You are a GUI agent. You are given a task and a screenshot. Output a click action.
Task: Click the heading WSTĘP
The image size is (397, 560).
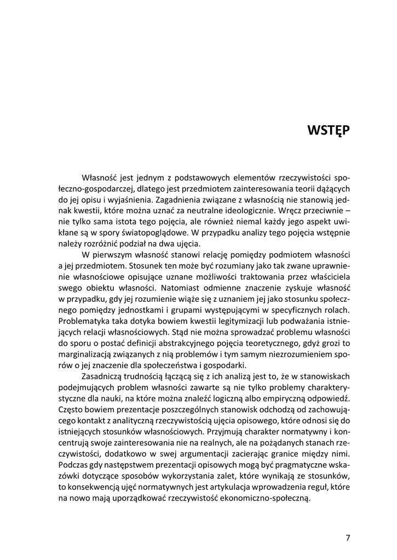(329, 131)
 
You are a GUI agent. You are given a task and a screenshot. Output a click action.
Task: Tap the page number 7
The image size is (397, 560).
(348, 537)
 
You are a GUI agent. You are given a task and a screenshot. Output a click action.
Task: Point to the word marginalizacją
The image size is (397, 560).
(84, 354)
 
